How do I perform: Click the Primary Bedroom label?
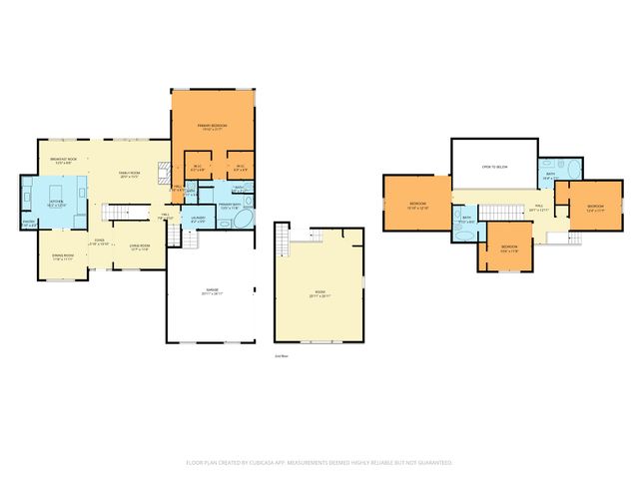click(x=212, y=126)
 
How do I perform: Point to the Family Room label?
click(x=131, y=175)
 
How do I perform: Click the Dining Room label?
click(x=63, y=257)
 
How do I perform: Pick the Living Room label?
click(x=140, y=246)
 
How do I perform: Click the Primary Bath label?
click(x=232, y=206)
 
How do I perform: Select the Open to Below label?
click(x=493, y=168)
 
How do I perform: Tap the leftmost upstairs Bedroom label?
click(x=418, y=206)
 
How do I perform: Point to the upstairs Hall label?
click(x=538, y=208)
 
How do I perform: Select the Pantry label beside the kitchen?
click(x=29, y=223)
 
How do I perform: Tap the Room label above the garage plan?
click(x=318, y=294)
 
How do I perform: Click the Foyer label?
click(x=100, y=240)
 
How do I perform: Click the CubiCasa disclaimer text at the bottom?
click(x=319, y=463)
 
